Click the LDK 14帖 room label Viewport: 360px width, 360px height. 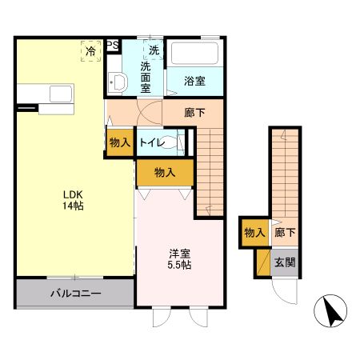coord(73,200)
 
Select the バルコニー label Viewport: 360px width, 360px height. coord(75,294)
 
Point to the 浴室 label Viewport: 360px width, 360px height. coord(194,81)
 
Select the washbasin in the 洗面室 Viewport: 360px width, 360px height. coord(118,82)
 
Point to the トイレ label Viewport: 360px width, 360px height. coord(152,142)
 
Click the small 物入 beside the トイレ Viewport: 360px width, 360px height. coord(119,142)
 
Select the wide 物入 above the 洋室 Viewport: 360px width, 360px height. coord(165,172)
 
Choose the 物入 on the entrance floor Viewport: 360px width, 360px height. coord(254,233)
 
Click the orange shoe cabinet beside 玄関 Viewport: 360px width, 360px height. coord(262,262)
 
